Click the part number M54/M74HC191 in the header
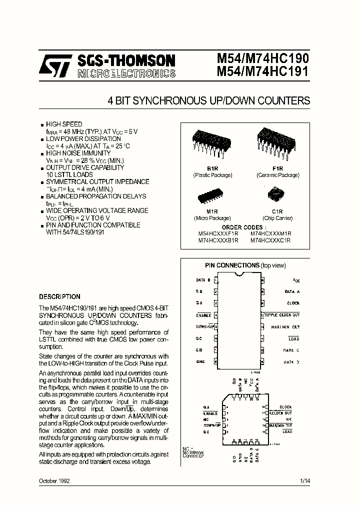(262, 72)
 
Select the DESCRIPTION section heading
(59, 296)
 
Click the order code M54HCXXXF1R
(218, 233)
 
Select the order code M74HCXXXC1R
(270, 240)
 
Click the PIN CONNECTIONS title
(232, 265)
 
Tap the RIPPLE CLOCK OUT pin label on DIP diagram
(282, 315)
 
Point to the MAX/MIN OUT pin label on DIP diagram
(285, 327)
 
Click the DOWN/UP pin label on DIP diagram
(204, 327)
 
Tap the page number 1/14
(304, 480)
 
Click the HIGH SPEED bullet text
(64, 124)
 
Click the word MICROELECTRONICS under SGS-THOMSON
(126, 74)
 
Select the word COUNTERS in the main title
(283, 101)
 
